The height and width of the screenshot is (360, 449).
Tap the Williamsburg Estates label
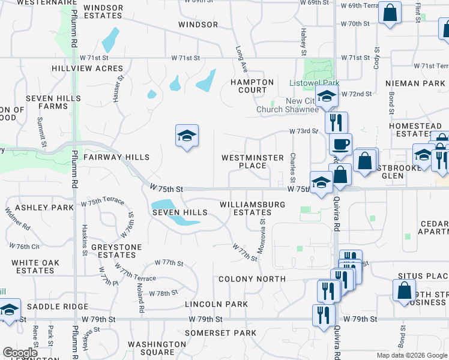pyautogui.click(x=252, y=208)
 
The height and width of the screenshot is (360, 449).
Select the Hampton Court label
pyautogui.click(x=253, y=86)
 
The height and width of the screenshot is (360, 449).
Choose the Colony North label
pyautogui.click(x=252, y=279)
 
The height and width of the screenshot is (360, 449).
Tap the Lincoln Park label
pyautogui.click(x=217, y=304)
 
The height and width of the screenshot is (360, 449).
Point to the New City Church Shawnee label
pyautogui.click(x=288, y=105)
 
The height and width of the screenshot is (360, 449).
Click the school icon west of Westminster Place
pyautogui.click(x=187, y=136)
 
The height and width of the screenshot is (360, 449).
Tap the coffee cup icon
pyautogui.click(x=341, y=144)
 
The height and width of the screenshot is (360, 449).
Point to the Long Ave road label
pyautogui.click(x=241, y=59)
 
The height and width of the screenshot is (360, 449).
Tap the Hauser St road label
pyautogui.click(x=116, y=87)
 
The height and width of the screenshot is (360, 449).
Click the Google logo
pyautogui.click(x=20, y=353)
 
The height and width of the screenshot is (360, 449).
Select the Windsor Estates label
pyautogui.click(x=104, y=12)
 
